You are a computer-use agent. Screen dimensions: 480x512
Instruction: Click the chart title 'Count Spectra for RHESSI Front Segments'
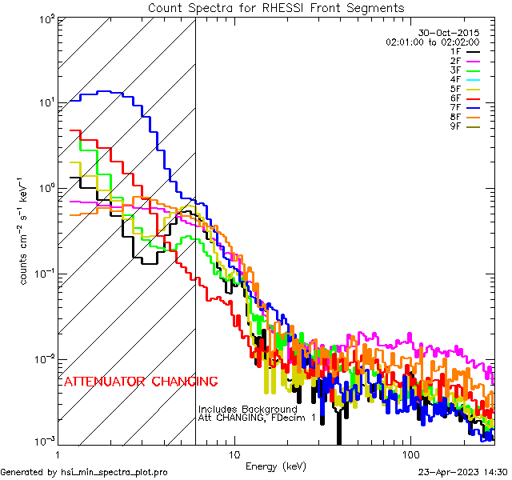pyautogui.click(x=276, y=8)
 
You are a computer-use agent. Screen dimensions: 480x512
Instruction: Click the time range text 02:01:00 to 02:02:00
pyautogui.click(x=432, y=42)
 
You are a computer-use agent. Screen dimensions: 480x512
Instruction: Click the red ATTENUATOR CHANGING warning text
pyautogui.click(x=141, y=381)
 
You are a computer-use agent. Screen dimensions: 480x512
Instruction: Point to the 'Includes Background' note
pyautogui.click(x=247, y=410)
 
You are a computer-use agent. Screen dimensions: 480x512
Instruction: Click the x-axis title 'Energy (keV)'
pyautogui.click(x=276, y=466)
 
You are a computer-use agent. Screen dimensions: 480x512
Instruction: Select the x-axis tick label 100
pyautogui.click(x=410, y=454)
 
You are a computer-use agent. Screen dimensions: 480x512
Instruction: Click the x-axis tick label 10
pyautogui.click(x=234, y=454)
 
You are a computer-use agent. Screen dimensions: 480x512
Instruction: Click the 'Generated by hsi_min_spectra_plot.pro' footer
pyautogui.click(x=84, y=472)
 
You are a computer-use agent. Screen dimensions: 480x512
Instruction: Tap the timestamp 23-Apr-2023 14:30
pyautogui.click(x=462, y=472)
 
